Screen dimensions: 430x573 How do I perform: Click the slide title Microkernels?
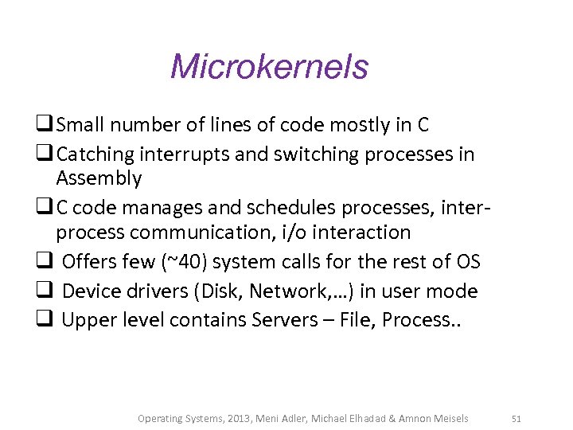coord(269,66)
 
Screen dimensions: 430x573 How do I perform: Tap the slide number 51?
coord(516,418)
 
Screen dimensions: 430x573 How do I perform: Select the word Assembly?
coord(99,178)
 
